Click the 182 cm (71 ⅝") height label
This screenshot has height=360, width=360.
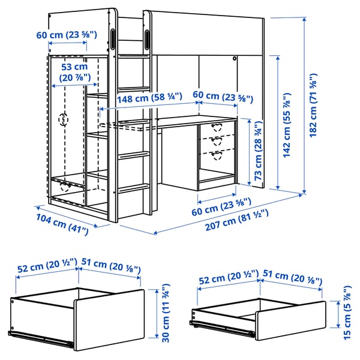tap(313, 106)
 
